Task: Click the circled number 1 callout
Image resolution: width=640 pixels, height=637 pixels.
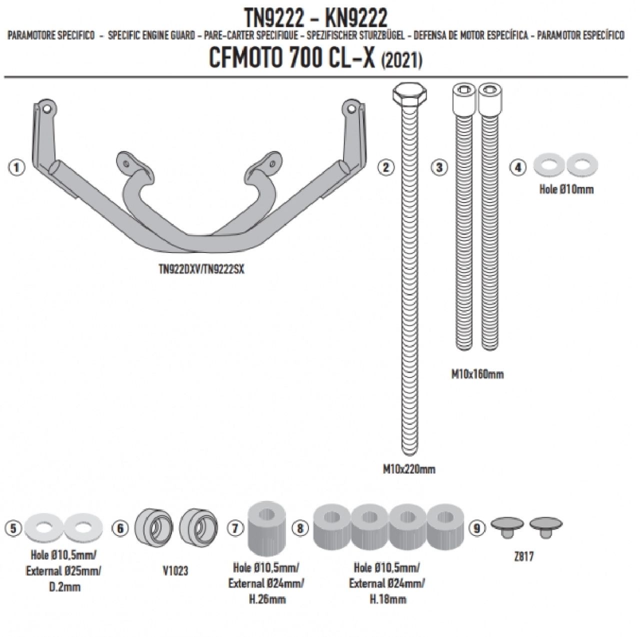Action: [16, 167]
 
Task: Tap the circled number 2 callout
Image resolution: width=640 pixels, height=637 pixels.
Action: [385, 167]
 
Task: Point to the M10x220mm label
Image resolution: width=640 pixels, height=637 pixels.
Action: [409, 469]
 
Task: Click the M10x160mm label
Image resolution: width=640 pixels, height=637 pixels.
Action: [477, 374]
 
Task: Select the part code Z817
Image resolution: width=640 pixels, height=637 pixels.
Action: [523, 556]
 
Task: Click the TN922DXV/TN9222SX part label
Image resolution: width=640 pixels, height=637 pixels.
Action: [201, 269]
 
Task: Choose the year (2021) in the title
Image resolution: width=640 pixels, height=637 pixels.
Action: [401, 61]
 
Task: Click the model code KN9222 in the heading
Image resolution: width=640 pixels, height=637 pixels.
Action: [355, 19]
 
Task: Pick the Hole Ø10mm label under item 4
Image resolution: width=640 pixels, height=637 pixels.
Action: [566, 189]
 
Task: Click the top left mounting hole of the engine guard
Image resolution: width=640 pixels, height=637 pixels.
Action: [47, 108]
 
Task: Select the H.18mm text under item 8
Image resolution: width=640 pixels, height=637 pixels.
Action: [387, 598]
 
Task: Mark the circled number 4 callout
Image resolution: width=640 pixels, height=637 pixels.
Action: [518, 167]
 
